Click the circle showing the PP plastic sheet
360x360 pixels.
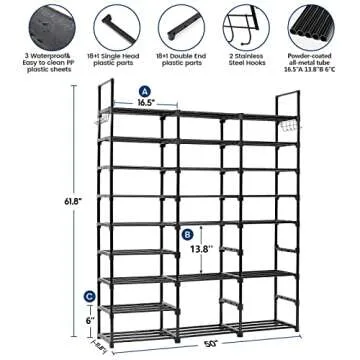point(35,23)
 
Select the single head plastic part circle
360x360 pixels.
point(109,23)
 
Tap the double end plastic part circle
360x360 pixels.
point(180,23)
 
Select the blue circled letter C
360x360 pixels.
point(90,296)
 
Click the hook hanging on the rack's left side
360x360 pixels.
point(101,127)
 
